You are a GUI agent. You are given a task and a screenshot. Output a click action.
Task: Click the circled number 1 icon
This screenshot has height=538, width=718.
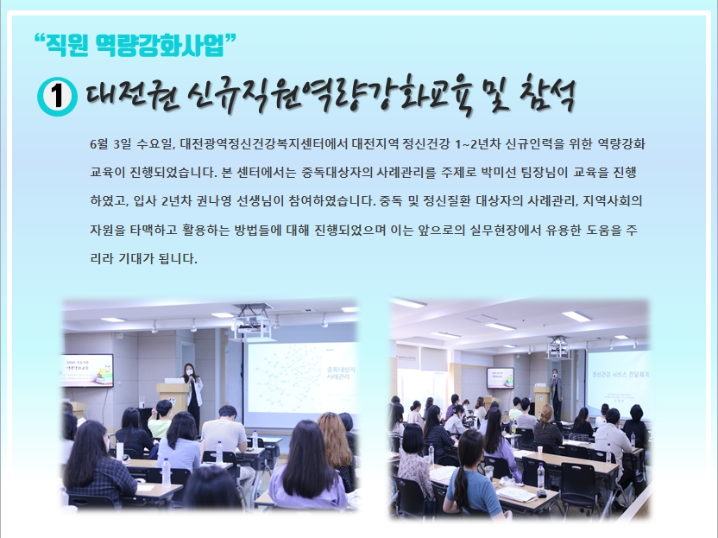(57, 97)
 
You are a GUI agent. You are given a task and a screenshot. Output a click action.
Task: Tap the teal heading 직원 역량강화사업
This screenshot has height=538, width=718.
(135, 45)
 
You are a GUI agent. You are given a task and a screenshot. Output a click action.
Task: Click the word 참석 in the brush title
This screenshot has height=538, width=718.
(548, 94)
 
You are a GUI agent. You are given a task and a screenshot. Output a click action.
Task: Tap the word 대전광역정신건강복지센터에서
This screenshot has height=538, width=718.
(264, 144)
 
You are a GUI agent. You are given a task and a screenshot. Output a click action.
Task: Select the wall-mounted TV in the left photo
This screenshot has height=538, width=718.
(87, 370)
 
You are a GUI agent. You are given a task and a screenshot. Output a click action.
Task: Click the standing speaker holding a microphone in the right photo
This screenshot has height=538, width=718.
(557, 394)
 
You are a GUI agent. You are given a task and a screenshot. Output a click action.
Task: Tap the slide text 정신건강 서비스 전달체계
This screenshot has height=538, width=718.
(620, 374)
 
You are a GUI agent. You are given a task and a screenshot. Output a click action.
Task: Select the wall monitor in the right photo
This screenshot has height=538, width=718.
(500, 377)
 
